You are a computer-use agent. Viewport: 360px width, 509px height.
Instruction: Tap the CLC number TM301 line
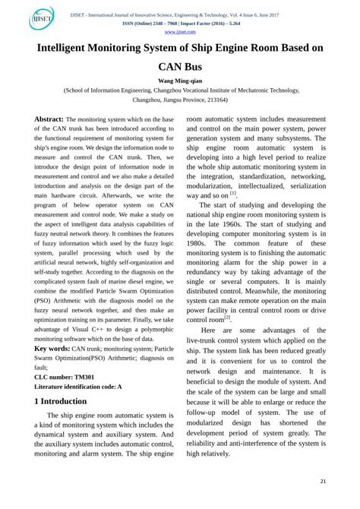point(65,378)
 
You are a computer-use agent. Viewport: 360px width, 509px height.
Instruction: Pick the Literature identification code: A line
point(78,387)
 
